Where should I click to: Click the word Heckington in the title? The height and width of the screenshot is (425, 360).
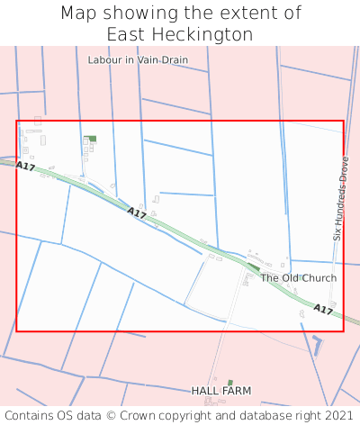tap(210, 34)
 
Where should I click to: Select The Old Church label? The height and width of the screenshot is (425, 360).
tap(298, 278)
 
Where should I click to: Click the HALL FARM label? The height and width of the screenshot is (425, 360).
tap(221, 392)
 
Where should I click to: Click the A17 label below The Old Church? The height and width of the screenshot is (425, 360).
tap(323, 310)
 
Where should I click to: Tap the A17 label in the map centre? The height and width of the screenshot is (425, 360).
tap(137, 213)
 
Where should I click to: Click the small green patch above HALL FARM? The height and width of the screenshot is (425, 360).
tap(230, 383)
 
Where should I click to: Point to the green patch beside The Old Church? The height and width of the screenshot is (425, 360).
tap(254, 267)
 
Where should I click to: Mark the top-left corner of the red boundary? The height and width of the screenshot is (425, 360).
tap(16, 121)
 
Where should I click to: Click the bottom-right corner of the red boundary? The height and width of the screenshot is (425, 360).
tap(343, 330)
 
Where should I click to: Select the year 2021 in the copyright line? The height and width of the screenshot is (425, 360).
tap(338, 416)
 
